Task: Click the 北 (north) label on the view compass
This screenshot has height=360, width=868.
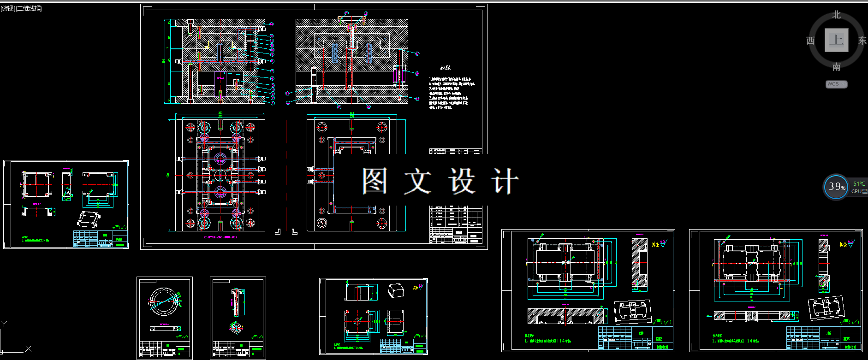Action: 836,15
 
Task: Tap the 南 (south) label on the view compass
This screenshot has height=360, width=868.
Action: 836,67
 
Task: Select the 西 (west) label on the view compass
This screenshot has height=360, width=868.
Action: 810,41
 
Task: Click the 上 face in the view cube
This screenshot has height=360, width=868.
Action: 836,40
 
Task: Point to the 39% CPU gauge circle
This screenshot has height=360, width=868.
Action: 836,187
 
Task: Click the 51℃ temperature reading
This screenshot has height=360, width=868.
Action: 859,183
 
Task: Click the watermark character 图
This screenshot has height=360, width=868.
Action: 374,180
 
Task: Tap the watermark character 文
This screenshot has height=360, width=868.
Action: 417,180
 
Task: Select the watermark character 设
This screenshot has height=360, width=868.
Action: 462,180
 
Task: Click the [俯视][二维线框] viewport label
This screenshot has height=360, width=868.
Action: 21,8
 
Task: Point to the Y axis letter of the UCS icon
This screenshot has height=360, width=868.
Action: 4,324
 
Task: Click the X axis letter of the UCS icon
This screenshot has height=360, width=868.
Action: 28,349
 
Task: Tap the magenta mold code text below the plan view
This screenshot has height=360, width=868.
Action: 220,237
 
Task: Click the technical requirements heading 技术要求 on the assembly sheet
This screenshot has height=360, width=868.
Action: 445,68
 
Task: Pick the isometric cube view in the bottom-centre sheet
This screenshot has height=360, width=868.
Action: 396,290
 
